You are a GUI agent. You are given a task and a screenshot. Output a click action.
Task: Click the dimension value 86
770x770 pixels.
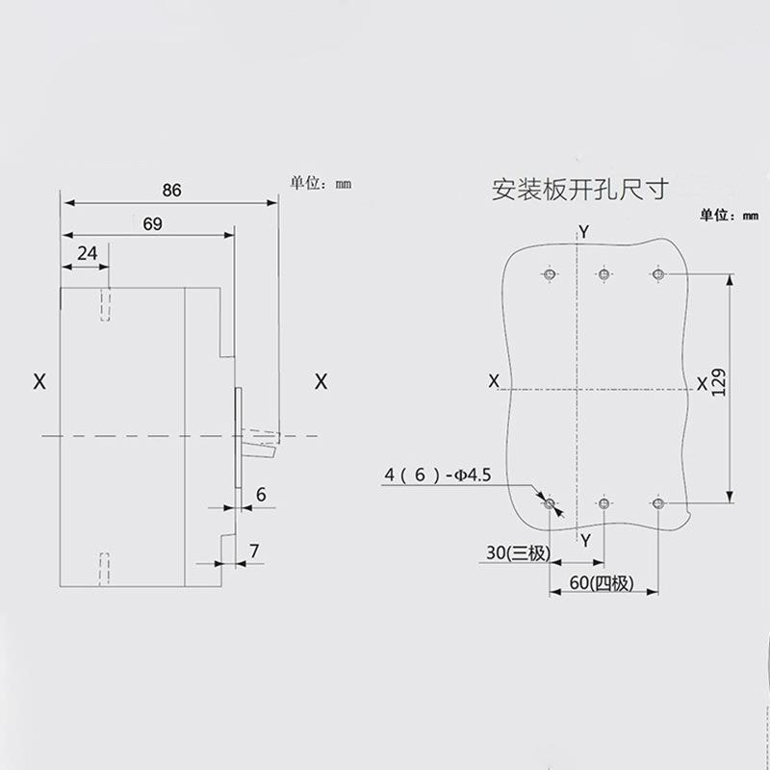tap(171, 191)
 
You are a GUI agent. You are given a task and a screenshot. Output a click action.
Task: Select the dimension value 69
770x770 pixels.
tap(151, 223)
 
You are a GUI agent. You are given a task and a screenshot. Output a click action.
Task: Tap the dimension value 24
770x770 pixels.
tap(88, 253)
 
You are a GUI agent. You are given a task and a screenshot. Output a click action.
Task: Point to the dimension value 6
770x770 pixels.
tap(260, 495)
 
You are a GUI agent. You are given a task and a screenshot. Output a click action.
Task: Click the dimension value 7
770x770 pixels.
tap(254, 552)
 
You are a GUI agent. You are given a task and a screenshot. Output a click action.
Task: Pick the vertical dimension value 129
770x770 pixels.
tap(718, 383)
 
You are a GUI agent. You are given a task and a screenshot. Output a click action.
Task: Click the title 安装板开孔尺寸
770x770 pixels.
tap(579, 189)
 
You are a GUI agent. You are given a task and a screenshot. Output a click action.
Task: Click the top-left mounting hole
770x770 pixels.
tap(550, 275)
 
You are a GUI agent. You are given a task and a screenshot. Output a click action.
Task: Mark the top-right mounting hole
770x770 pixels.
tap(658, 275)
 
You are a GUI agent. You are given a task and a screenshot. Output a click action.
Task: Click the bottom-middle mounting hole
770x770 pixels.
tap(603, 503)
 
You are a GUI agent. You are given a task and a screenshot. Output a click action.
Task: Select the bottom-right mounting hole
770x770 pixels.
tap(658, 503)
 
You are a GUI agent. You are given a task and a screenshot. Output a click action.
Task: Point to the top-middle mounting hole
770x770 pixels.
tap(603, 275)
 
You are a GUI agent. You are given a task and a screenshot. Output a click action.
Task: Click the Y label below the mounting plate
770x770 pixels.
tap(584, 540)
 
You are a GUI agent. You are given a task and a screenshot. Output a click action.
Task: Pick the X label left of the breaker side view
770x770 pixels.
tap(39, 381)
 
